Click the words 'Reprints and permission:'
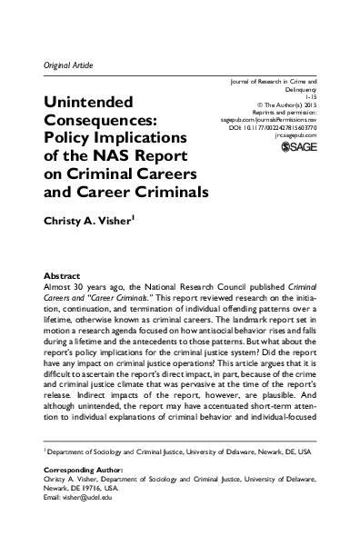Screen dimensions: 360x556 (x=295, y=112)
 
